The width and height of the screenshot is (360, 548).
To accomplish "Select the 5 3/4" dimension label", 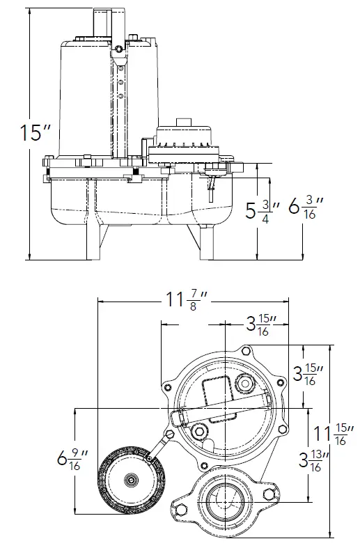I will click(262, 211).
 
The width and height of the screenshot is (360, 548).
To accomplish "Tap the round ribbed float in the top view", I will click(129, 480).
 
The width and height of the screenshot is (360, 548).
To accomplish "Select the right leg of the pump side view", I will click(206, 240).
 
